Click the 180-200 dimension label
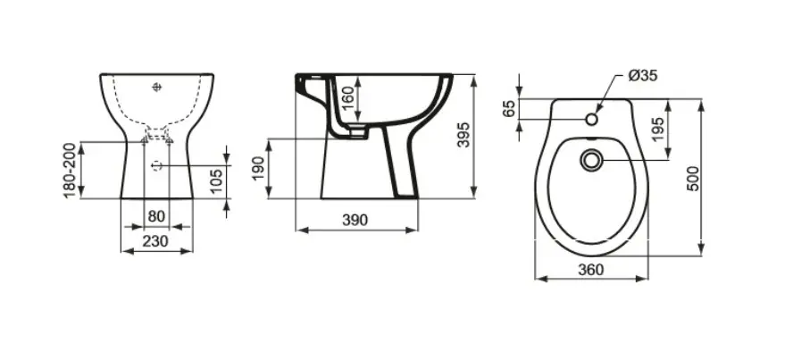point(70,171)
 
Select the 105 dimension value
point(216,181)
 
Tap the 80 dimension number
point(156,216)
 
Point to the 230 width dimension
point(155,241)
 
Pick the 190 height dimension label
point(258,168)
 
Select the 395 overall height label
point(463,135)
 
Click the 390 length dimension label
point(355,220)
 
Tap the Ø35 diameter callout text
point(643,76)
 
